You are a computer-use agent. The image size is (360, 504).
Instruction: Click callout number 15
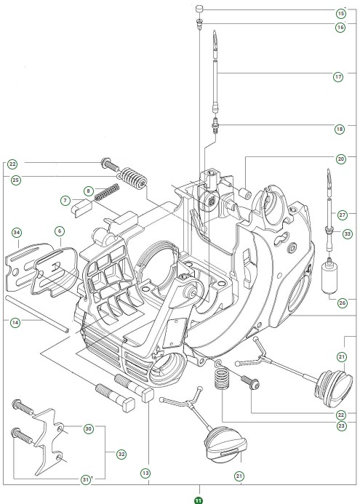[340, 13]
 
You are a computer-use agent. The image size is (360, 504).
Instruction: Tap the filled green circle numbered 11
[198, 500]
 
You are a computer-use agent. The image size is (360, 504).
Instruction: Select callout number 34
[16, 233]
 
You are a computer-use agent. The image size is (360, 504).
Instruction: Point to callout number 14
[16, 320]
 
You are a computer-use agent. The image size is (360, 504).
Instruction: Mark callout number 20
[340, 158]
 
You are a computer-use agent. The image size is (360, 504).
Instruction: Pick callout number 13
[145, 473]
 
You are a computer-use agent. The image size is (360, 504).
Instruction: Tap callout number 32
[121, 453]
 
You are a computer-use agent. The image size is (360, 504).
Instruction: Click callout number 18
[340, 129]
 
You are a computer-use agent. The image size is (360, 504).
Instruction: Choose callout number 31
[86, 479]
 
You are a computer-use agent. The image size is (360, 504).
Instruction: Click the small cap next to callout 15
[198, 9]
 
